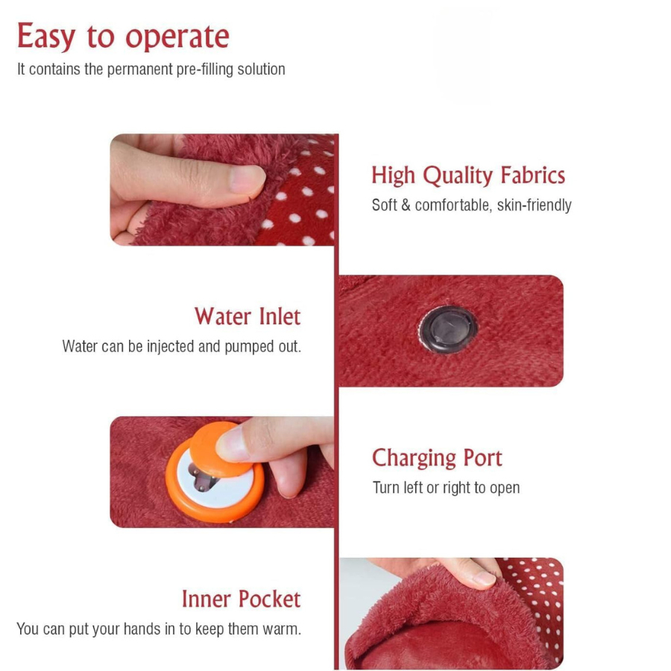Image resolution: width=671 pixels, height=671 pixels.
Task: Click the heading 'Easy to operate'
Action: pos(123,37)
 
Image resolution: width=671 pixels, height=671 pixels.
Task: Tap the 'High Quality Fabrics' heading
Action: pos(468,176)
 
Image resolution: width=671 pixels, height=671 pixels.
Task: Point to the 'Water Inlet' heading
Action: pos(248,316)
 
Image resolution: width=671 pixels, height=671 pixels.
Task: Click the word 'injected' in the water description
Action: pos(170,346)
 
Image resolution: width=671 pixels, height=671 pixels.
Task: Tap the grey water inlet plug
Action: pos(448,330)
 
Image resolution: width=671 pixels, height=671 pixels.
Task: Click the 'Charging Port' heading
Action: pos(437,459)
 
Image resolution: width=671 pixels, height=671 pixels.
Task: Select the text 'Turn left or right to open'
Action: pos(446,488)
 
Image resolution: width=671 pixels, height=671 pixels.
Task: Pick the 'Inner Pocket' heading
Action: pos(241,599)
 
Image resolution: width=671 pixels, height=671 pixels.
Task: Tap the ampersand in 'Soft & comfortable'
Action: pos(406,205)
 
